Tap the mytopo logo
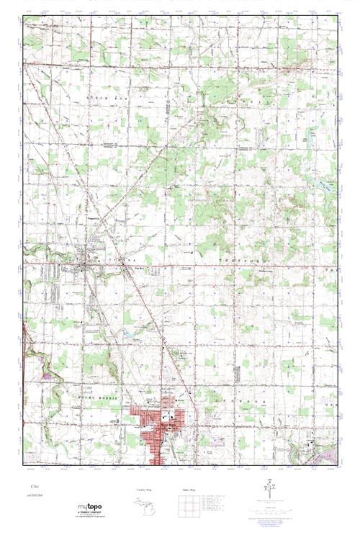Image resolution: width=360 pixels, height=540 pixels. click(x=90, y=507)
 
